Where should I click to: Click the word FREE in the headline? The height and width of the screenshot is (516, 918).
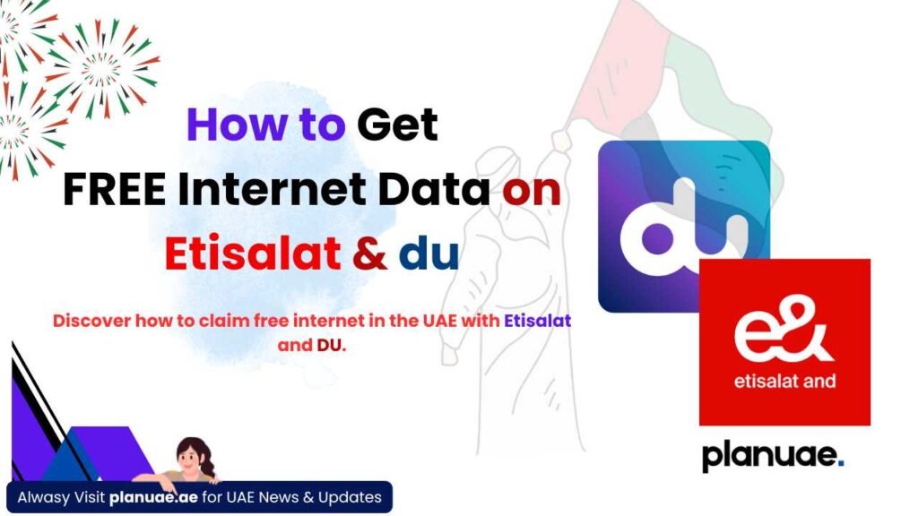pos(114,190)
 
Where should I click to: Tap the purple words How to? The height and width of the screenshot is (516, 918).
pos(265,125)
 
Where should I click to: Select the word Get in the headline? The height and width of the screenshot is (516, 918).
pos(397,125)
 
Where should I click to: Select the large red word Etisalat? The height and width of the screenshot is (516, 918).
pos(253,254)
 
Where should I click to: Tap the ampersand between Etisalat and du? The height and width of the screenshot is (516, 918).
pos(369,254)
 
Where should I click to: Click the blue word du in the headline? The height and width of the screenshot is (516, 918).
pos(429,254)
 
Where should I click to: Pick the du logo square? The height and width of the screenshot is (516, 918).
pos(684,227)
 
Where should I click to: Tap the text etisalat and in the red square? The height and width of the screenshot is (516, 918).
pos(784,382)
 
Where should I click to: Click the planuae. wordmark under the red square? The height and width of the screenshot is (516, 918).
pos(773,456)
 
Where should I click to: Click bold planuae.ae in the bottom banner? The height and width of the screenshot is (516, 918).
pos(153,498)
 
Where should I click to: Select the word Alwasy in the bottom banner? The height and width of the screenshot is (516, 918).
pos(43,498)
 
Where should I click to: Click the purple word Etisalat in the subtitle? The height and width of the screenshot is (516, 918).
pos(538,321)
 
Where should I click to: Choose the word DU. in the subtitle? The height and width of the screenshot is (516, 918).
pos(332,345)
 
